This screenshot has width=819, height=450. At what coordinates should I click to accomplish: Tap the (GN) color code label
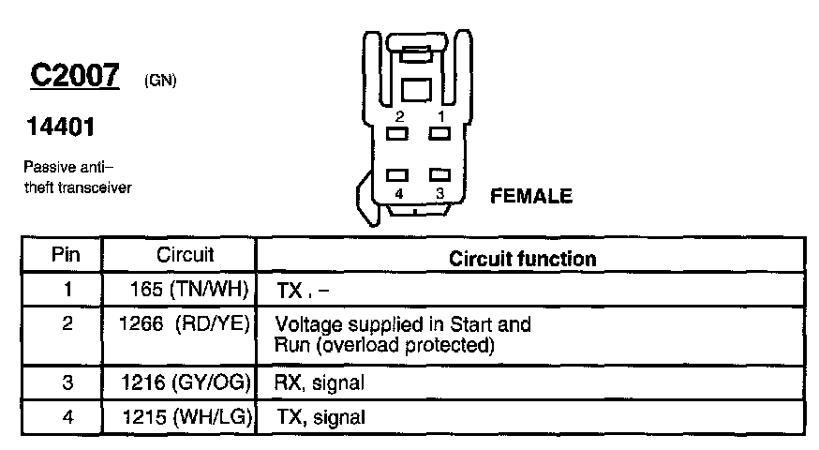[160, 81]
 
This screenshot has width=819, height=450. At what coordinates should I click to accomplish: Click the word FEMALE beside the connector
[531, 197]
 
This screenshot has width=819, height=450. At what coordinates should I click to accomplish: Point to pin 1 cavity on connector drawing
[439, 134]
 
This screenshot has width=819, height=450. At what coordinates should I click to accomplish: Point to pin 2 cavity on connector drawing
[398, 134]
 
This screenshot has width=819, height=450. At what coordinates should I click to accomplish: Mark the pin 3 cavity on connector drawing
[439, 174]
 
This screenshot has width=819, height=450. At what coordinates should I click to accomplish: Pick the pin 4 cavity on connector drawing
[398, 174]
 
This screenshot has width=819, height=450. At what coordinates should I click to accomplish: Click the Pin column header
[66, 255]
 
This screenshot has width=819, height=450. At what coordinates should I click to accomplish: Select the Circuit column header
[185, 255]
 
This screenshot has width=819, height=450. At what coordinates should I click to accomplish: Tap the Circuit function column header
[522, 258]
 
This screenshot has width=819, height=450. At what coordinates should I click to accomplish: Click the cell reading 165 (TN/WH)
[188, 290]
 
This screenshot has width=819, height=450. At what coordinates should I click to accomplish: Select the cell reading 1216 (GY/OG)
[188, 382]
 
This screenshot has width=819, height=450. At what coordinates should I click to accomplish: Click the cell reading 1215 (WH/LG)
[188, 416]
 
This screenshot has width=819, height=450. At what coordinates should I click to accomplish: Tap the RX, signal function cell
[319, 382]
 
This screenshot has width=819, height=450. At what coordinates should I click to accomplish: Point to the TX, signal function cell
[319, 416]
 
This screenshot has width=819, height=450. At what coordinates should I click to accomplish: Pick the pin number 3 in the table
[67, 382]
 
